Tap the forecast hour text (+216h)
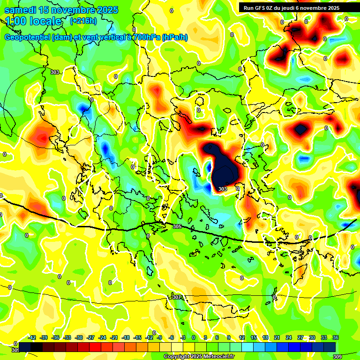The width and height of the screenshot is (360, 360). point(83,21)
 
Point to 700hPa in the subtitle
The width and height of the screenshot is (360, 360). point(143,37)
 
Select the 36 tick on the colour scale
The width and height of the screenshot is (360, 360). point(336,337)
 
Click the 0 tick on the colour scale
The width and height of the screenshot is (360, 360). point(193,337)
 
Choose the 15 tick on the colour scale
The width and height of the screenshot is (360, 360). point(253,337)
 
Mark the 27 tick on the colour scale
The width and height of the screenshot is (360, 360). point(300,337)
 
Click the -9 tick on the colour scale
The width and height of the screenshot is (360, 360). point(159,337)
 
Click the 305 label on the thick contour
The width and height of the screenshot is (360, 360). point(177,226)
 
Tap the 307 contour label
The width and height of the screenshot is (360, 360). point(176,297)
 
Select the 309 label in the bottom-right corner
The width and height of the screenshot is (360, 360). point(337,357)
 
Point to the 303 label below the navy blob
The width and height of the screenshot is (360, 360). point(223,189)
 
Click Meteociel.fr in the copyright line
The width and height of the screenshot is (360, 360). point(219,357)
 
